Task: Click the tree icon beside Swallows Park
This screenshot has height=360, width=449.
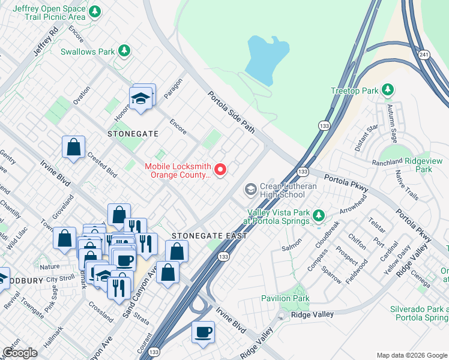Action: tap(124, 52)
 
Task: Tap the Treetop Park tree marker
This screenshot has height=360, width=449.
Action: tap(388, 91)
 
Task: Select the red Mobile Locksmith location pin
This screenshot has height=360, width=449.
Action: tap(220, 170)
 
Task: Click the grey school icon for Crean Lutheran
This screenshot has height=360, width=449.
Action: tap(250, 190)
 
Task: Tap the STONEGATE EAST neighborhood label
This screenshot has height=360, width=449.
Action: tap(209, 236)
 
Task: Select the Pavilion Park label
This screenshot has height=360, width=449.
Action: tap(285, 298)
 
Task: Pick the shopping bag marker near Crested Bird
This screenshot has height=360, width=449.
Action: tap(73, 147)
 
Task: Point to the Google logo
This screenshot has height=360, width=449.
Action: tap(20, 353)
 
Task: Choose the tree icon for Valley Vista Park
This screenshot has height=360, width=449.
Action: tap(318, 215)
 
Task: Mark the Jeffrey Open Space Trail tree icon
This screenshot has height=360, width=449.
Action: tap(94, 12)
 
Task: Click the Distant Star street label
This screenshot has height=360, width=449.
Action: tap(366, 137)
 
